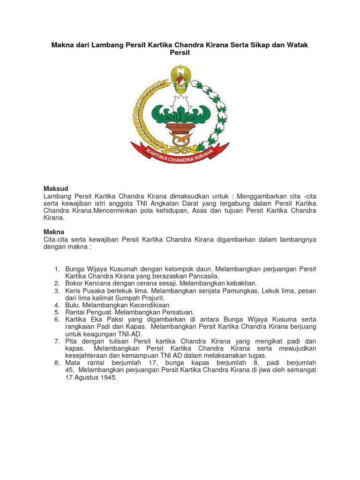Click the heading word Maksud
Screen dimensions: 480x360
coord(56,188)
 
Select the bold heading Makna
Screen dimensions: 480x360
coord(54,232)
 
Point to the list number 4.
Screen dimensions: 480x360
coord(57,305)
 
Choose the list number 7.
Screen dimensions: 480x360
coord(57,341)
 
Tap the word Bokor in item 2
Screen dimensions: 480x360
coord(75,283)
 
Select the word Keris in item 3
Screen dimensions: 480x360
coord(74,291)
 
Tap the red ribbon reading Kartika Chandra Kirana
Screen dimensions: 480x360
coord(180,155)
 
